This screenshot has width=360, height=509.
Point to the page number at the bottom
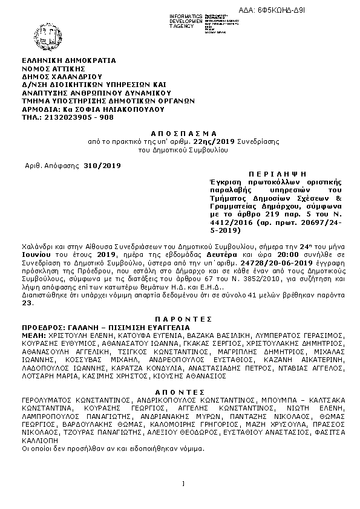[182, 482]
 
